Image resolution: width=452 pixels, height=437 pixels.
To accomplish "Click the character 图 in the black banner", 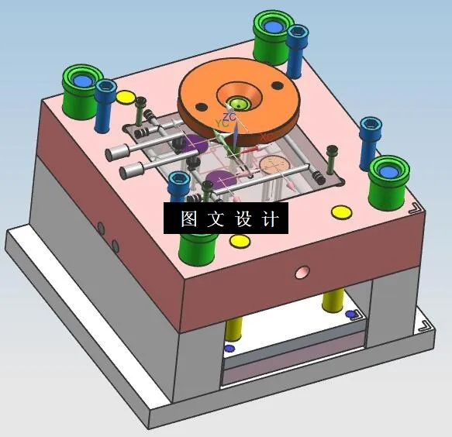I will (x=188, y=218).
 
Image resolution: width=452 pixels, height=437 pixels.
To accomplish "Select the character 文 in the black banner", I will (x=216, y=218).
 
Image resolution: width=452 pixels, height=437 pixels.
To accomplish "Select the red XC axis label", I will (x=266, y=137).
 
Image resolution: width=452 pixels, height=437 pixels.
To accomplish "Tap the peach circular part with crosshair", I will (x=273, y=165).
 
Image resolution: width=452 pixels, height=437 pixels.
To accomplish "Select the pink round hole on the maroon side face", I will (x=302, y=272).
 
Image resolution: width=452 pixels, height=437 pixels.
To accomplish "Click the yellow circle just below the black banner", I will (x=239, y=241).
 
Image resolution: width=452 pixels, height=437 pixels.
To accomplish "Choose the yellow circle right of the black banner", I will (x=340, y=212).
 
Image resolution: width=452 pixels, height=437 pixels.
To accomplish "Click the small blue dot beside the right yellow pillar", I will (x=350, y=314).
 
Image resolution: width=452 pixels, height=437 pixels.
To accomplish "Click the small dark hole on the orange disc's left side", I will (x=201, y=105).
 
